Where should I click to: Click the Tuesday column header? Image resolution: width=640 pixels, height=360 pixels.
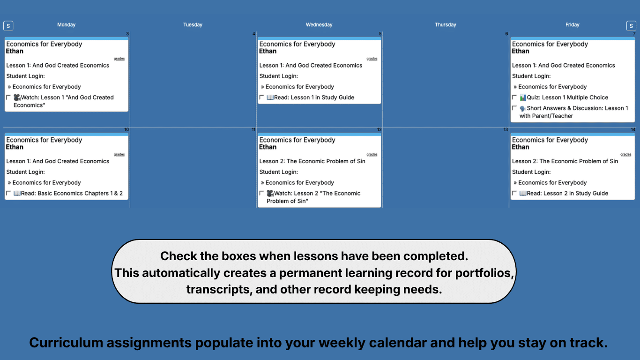193,25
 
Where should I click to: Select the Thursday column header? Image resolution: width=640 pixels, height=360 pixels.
445,25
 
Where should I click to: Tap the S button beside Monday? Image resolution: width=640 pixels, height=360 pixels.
8,26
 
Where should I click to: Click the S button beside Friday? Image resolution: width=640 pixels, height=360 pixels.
631,26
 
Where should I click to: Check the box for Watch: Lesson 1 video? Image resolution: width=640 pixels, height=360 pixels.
8,97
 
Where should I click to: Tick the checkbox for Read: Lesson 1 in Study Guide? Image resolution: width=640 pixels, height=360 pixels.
261,97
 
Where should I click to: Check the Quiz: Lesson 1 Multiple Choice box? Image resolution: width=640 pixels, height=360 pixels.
514,97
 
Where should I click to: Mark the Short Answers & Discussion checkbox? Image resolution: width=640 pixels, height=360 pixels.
514,108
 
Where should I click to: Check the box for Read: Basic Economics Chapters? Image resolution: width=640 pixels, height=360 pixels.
8,193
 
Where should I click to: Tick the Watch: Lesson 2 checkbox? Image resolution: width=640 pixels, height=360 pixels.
261,193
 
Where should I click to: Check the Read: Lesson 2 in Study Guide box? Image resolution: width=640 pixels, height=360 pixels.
514,193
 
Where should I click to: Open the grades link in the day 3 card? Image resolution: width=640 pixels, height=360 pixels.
119,59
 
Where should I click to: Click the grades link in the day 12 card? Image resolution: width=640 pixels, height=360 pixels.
372,154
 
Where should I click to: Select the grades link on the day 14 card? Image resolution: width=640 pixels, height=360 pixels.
625,154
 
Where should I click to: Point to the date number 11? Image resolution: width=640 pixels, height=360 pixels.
253,130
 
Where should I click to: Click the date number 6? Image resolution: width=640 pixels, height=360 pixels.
506,34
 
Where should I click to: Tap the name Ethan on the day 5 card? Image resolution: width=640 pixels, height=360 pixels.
268,51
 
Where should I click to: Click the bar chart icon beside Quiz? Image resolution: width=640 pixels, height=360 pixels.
523,97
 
